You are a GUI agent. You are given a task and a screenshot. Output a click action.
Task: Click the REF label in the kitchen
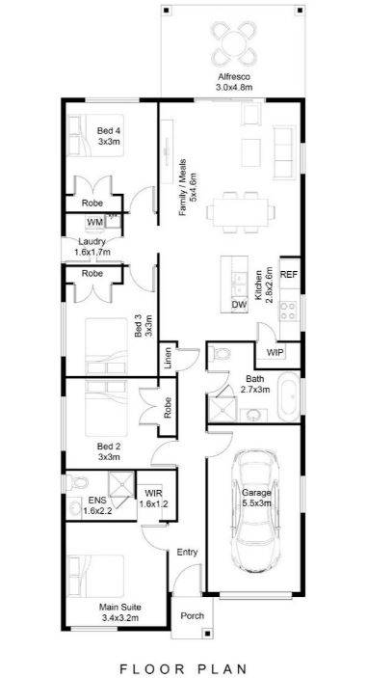[x=289, y=275]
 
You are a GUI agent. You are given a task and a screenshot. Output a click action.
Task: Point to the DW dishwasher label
[x=239, y=306]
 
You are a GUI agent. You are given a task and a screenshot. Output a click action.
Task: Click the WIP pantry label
[x=275, y=352]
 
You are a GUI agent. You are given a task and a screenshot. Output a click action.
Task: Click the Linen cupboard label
[x=168, y=359]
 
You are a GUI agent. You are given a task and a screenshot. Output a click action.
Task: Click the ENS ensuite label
[x=97, y=500]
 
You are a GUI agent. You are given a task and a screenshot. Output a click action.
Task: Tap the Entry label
[x=187, y=553]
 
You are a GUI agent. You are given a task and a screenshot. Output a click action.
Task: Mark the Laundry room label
[x=92, y=246]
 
